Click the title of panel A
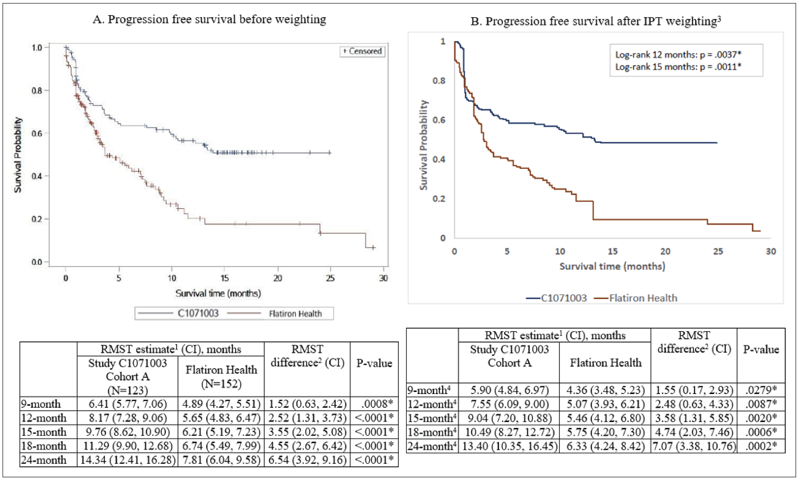(x=209, y=19)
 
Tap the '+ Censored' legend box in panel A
(x=362, y=51)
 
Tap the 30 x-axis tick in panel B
(x=771, y=252)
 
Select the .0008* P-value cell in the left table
(x=374, y=404)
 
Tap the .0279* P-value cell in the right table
(x=761, y=390)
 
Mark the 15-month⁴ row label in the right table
(x=432, y=418)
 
